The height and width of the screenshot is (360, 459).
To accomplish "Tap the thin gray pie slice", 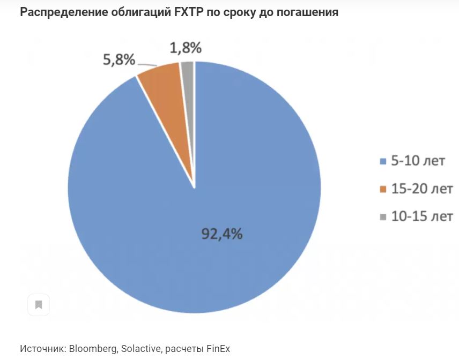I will pos(188,75).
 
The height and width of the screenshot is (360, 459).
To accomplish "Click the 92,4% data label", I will pos(222,234).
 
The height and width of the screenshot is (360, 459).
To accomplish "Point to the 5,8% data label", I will pos(119,59).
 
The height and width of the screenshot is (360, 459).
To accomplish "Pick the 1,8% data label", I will pos(186,48).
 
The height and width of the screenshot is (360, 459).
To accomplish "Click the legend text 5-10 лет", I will pos(418,161).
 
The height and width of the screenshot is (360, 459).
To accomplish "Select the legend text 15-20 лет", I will pos(423,189).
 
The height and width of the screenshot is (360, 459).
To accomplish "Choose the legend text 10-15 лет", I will pos(423,216).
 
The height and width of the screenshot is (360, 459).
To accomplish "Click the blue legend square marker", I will pos(383,161).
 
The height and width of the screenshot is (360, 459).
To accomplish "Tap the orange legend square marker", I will pos(383,189).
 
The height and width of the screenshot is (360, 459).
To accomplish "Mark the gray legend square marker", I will pos(383,217).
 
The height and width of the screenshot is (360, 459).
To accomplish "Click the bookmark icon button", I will pos(39,305).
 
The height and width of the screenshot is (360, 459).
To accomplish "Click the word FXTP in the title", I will pos(188,12).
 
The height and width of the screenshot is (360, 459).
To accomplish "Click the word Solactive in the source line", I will pos(140,348).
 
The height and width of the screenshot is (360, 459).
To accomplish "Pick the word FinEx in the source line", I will pos(218,348).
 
